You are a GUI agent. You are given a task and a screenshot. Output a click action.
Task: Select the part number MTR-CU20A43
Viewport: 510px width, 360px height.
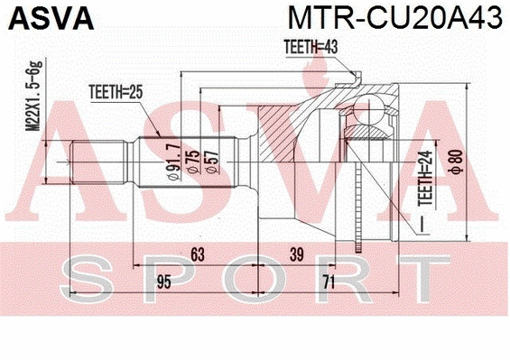(x=395, y=18)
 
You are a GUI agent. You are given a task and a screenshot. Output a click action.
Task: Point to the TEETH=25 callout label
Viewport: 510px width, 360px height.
(x=115, y=90)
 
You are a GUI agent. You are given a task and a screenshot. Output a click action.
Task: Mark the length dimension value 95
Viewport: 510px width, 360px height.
(x=162, y=283)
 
